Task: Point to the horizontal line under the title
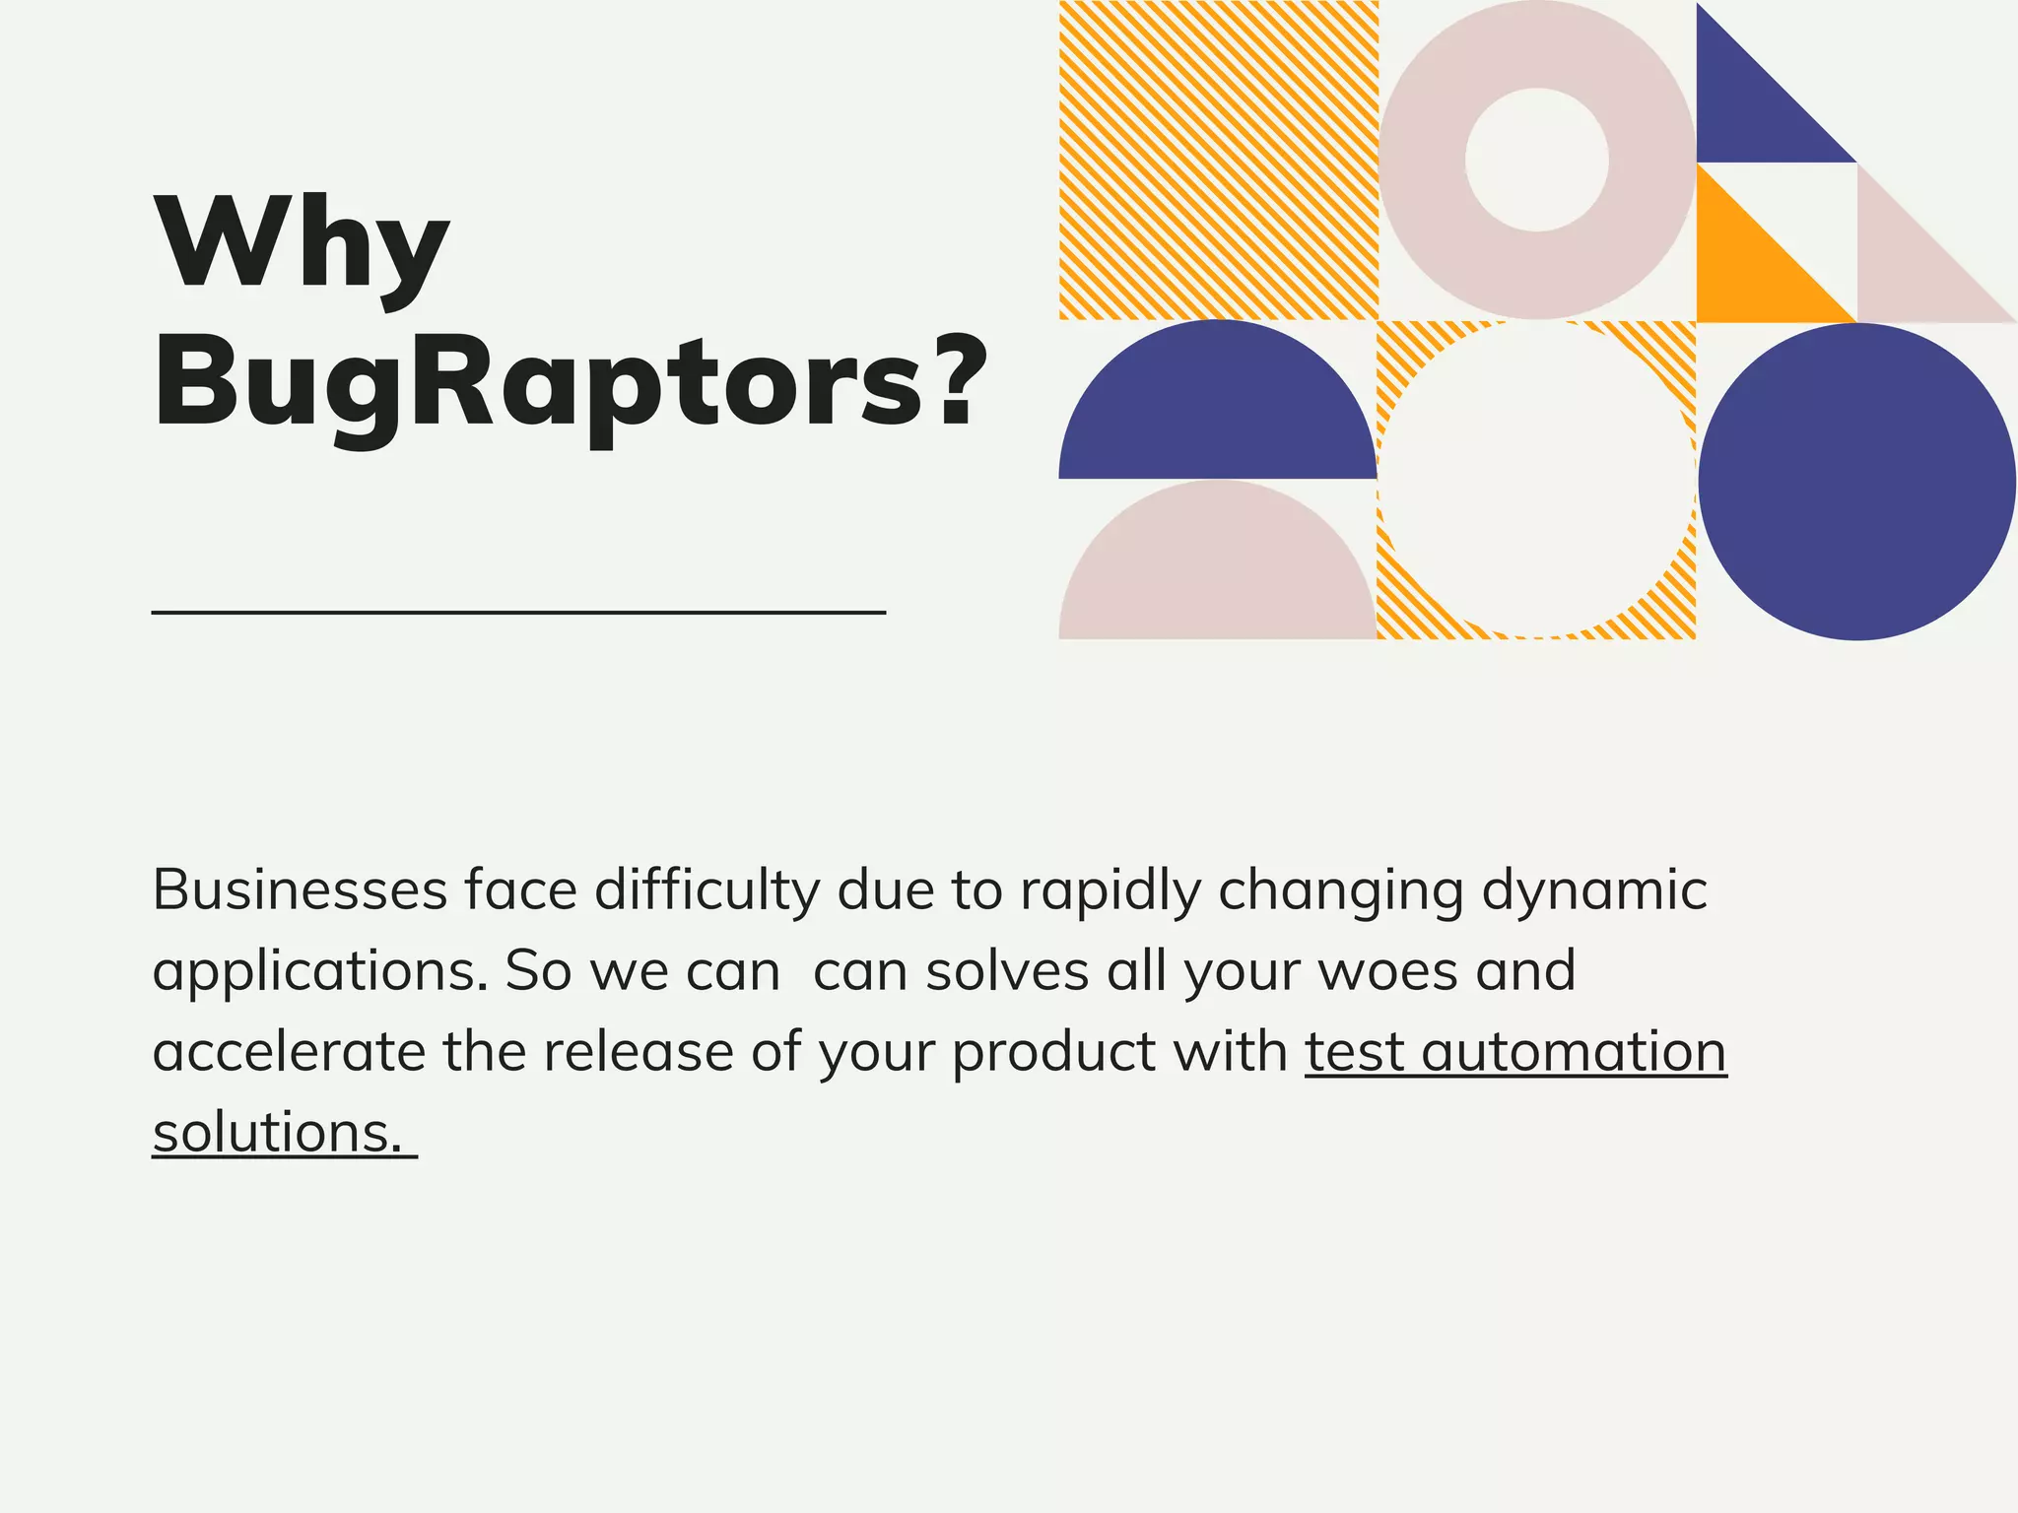pyautogui.click(x=518, y=613)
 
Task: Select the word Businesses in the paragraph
pyautogui.click(x=300, y=889)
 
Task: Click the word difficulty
pyautogui.click(x=706, y=891)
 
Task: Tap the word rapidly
pyautogui.click(x=1110, y=891)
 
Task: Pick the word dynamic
pyautogui.click(x=1593, y=891)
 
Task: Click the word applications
pyautogui.click(x=320, y=972)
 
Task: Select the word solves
pyautogui.click(x=1007, y=970)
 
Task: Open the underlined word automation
pyautogui.click(x=1574, y=1051)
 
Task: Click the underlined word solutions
pyautogui.click(x=277, y=1133)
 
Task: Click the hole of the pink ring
pyautogui.click(x=1536, y=160)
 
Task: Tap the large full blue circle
pyautogui.click(x=1856, y=482)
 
